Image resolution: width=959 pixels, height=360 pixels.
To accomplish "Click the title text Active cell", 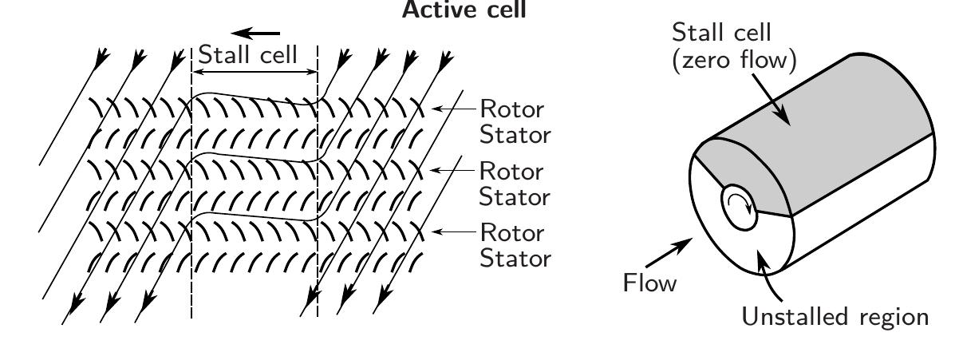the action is point(464,10).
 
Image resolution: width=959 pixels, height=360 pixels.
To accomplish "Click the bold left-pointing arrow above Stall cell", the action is point(255,33).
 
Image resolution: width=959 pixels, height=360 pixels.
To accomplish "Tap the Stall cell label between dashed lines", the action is point(248,54).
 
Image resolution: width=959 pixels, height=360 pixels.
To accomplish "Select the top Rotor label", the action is point(512,109).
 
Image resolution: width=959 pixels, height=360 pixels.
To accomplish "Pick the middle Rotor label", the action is point(511,172).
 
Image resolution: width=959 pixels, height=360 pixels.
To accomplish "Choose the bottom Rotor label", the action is point(512,233).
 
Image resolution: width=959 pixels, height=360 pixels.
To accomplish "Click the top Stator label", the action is point(515,135).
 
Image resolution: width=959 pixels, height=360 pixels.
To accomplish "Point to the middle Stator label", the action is point(515,196).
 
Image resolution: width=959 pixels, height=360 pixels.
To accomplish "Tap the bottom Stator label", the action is point(515,258).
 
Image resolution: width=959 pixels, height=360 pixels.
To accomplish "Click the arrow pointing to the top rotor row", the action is point(454,109).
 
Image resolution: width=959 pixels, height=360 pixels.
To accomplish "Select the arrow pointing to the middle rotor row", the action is point(452,170).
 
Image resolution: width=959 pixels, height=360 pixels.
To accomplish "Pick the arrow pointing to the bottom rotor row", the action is point(454,231).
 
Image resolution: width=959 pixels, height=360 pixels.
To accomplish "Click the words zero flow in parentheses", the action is point(735,60).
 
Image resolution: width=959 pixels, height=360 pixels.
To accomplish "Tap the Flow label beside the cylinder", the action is point(649,283).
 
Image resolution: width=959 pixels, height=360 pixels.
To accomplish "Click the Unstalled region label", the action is point(835,317).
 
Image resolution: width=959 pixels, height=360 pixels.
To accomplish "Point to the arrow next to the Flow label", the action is point(669,253).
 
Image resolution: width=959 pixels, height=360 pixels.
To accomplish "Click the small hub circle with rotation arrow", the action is point(739,208).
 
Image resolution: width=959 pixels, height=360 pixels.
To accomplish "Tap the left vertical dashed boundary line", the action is point(191,183).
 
